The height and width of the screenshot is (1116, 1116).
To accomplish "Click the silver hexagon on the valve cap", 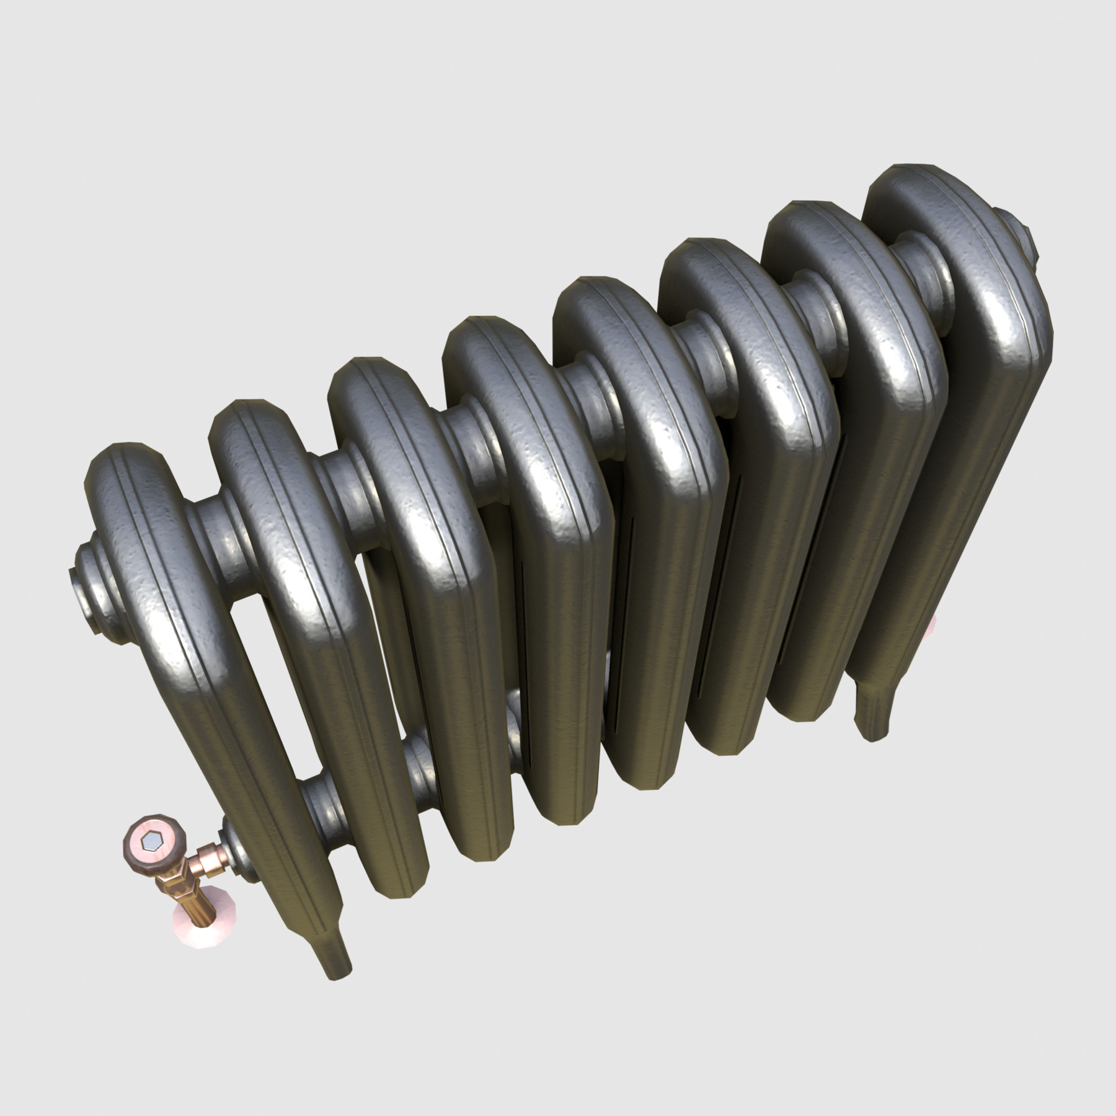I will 151,842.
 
